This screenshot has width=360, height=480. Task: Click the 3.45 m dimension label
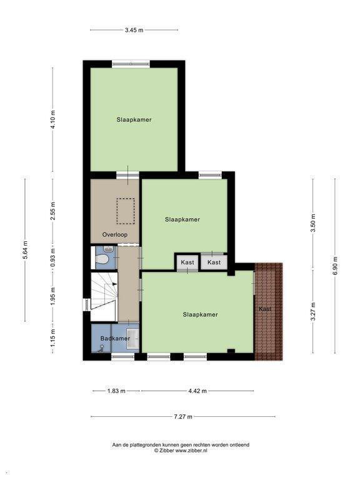click(x=134, y=30)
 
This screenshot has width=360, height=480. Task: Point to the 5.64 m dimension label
click(x=26, y=250)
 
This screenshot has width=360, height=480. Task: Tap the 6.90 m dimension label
click(x=335, y=266)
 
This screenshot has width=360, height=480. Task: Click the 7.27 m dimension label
click(x=183, y=417)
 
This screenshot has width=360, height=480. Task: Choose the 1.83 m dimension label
click(x=116, y=391)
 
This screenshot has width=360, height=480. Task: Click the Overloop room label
click(x=115, y=235)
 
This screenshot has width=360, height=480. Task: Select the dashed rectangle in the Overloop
click(x=126, y=211)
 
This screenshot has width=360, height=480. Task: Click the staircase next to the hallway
click(x=104, y=297)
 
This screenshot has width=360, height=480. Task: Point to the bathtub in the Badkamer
click(x=133, y=339)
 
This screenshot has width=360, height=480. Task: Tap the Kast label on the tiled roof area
click(x=265, y=309)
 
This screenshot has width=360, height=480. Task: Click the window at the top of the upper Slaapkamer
click(x=131, y=64)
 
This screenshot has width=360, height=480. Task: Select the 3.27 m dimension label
click(x=313, y=311)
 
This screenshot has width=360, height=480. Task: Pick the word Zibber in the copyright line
click(x=166, y=450)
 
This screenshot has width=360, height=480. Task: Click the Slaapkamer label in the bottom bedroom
click(x=200, y=314)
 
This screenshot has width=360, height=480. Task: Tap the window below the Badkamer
click(x=122, y=356)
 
